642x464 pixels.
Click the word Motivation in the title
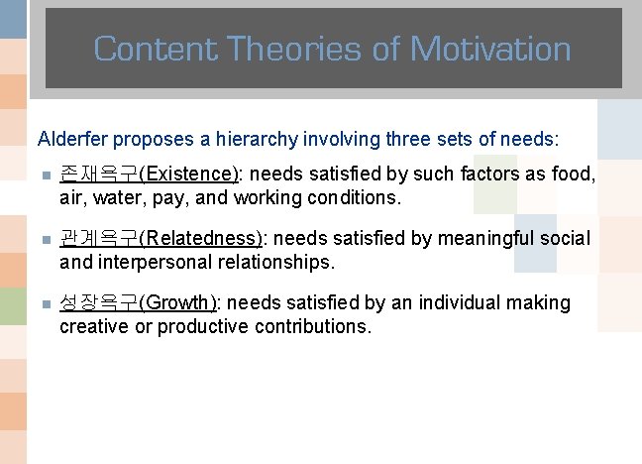pos(490,48)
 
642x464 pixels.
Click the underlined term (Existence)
pos(189,174)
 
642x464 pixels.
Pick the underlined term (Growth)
pos(178,302)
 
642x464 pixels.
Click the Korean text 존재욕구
pos(99,174)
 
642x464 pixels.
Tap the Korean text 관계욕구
pos(99,239)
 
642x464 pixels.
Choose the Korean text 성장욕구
pos(99,302)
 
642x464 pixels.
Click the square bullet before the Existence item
pos(44,175)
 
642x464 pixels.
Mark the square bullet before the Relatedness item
pos(44,240)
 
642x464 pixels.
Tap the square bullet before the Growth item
pos(44,303)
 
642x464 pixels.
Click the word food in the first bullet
pos(576,174)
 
